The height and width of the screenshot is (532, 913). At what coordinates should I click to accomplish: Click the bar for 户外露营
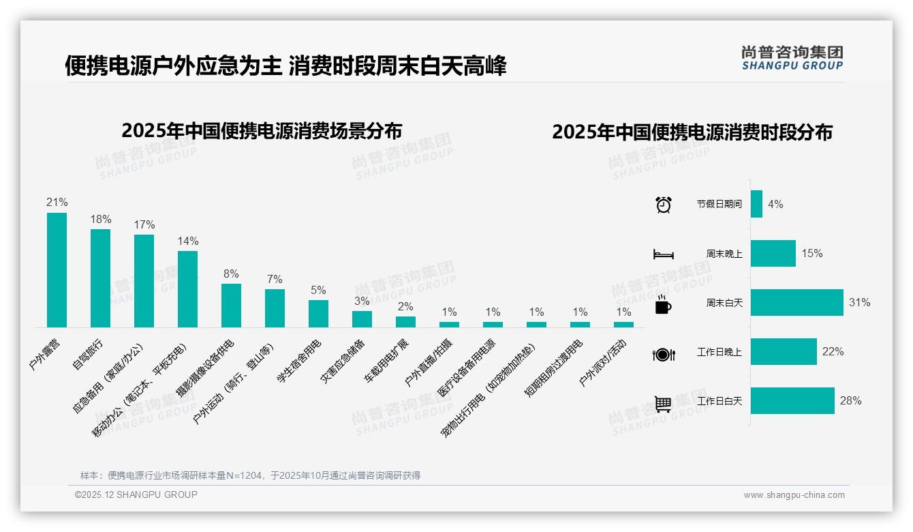[57, 270]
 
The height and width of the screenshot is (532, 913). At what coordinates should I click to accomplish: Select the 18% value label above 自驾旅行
[101, 219]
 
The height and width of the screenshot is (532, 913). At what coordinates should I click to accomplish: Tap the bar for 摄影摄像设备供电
[231, 306]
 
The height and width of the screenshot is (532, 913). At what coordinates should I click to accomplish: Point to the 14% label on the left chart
[188, 241]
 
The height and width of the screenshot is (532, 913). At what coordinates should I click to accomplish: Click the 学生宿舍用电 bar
[318, 314]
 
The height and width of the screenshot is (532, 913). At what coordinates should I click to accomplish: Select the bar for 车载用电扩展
[405, 322]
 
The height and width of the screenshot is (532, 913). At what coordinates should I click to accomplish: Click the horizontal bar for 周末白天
[796, 302]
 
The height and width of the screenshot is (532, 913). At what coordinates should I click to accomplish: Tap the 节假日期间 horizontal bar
[756, 204]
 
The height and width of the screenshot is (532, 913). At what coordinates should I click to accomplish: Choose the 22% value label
[833, 351]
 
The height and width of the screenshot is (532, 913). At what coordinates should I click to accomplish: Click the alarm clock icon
[663, 205]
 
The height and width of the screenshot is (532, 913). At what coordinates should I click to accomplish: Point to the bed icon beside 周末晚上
[663, 254]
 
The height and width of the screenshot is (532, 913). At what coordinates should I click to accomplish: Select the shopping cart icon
[663, 404]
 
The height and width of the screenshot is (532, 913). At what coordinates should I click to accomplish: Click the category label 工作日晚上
[719, 352]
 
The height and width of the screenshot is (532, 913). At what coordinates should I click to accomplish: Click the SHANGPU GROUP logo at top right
[792, 58]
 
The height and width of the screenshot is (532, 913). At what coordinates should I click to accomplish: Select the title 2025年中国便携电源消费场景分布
[262, 130]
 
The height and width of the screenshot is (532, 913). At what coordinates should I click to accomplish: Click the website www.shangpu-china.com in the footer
[794, 494]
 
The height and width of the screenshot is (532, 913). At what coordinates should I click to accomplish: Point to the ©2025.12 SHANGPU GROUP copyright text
[136, 494]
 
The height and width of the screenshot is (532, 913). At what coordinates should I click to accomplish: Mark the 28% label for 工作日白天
[850, 400]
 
